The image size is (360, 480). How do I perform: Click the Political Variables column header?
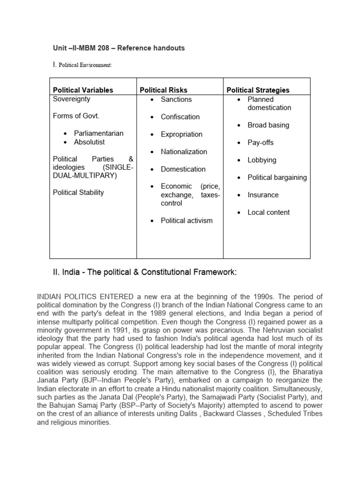click(83, 90)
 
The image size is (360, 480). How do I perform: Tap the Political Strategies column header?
click(258, 90)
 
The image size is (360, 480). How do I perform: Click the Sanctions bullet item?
click(176, 99)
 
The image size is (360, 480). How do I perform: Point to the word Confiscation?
click(180, 117)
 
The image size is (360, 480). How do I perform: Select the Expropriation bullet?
click(181, 134)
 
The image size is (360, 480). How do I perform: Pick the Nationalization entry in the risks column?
click(184, 151)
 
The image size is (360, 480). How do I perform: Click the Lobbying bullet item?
click(262, 160)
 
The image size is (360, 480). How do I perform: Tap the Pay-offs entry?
click(260, 142)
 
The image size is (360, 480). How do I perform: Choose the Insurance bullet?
click(263, 195)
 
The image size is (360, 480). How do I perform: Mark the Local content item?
click(269, 212)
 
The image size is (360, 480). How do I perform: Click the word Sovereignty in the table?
click(72, 99)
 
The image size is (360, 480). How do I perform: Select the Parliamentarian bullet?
click(98, 133)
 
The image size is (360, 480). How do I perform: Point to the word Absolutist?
click(89, 142)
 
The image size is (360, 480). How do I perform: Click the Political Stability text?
click(78, 193)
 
